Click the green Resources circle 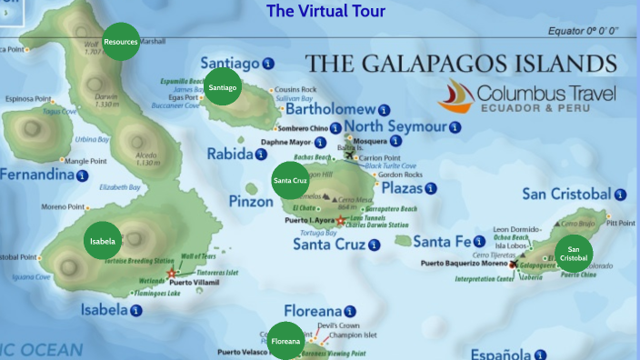point(121,42)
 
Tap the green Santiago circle point(222,87)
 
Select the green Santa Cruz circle point(290,180)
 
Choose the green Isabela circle point(103,241)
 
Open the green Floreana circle point(285,340)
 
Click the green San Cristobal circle point(573,254)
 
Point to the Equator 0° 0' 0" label point(583,31)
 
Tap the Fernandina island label point(36,175)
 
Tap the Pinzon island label point(250,201)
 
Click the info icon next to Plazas point(431,188)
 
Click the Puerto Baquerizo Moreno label point(463,264)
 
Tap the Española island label point(501,353)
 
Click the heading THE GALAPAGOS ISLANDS point(460,64)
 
